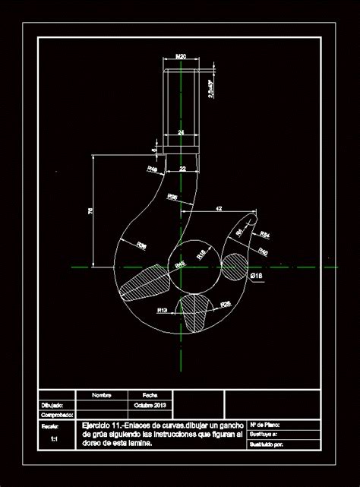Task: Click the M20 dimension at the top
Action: point(181,57)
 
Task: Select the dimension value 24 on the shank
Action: point(181,132)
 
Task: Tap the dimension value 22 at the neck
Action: point(182,168)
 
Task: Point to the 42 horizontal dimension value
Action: point(219,207)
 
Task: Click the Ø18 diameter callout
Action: point(256,275)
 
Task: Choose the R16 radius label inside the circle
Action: point(201,254)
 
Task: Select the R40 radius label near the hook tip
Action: point(263,251)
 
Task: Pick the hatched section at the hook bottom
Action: point(195,311)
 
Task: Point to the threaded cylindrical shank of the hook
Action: point(181,99)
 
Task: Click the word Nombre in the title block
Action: point(102,395)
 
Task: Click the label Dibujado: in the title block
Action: point(52,405)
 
